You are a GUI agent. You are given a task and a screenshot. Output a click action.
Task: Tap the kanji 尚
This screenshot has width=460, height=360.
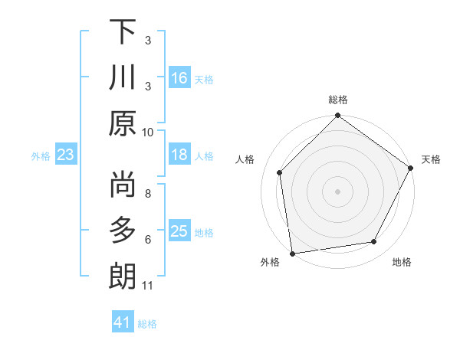(123, 184)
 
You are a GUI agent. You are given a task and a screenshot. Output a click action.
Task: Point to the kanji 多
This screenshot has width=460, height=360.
(123, 230)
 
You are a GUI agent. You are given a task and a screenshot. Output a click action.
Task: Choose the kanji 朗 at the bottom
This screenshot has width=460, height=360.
(123, 277)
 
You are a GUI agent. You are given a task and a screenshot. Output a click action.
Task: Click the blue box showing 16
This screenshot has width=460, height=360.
(179, 77)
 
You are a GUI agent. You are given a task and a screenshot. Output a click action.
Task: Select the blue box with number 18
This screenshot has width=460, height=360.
(179, 155)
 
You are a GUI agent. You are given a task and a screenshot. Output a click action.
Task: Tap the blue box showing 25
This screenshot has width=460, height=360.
(179, 231)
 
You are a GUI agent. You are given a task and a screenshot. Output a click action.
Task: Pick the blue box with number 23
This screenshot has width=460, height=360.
(66, 155)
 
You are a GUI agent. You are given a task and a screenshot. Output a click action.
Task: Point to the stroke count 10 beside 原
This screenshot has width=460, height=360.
(148, 132)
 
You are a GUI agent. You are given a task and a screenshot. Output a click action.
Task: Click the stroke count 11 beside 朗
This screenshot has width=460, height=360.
(148, 286)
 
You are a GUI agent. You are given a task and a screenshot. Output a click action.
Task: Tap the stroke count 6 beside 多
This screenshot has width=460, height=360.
(148, 239)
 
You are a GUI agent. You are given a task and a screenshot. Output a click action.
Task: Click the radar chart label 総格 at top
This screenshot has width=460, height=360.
(338, 100)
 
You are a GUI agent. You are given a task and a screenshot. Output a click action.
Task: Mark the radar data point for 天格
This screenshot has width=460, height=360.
(411, 168)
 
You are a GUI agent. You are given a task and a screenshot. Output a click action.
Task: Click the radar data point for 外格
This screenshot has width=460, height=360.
(292, 253)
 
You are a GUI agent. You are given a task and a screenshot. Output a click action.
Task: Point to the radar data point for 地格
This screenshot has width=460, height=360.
(374, 241)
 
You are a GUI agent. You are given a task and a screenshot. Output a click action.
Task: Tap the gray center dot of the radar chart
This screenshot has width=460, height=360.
(337, 191)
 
